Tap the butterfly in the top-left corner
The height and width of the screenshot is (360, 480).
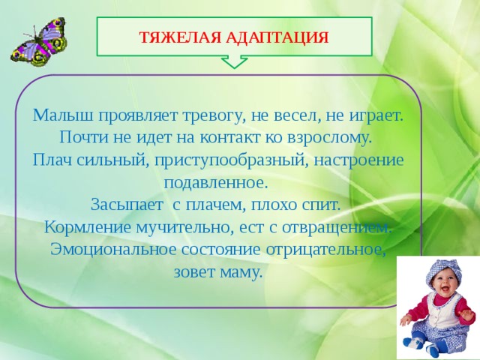click(37, 42)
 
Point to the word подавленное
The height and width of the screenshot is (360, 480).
click(214, 183)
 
